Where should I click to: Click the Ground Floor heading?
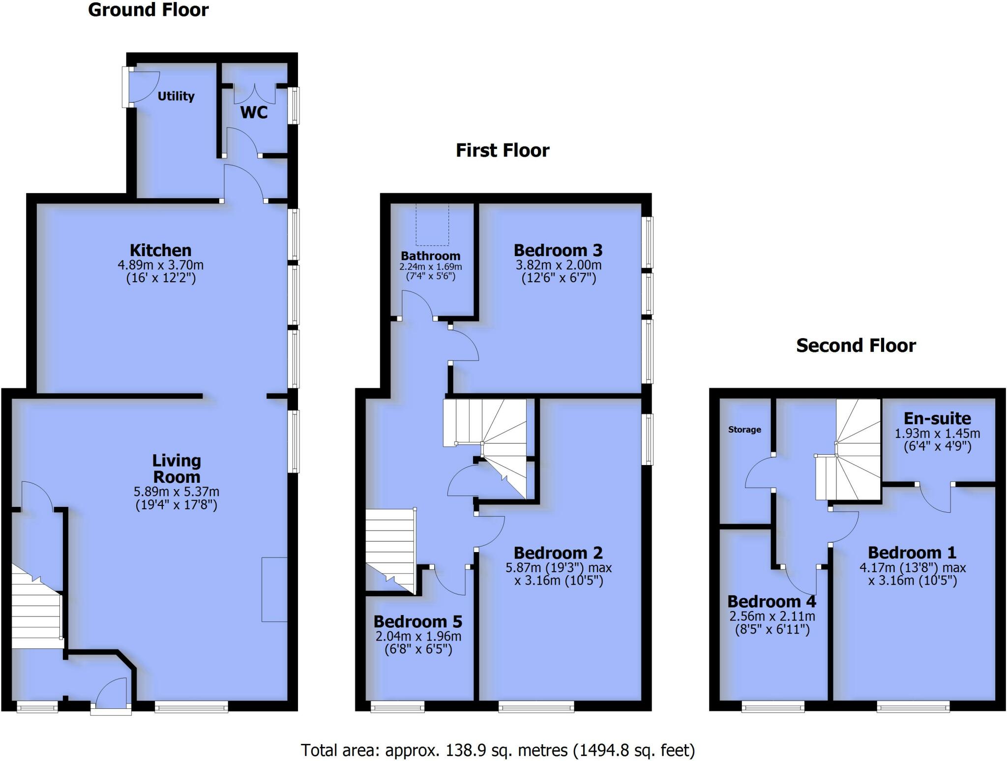[148, 10]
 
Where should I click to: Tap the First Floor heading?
[502, 150]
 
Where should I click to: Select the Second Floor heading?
[856, 346]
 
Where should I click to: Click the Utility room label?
[176, 96]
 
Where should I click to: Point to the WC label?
[254, 113]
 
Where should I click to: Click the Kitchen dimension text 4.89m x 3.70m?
[160, 265]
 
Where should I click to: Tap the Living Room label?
[176, 468]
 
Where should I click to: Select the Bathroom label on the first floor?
[430, 256]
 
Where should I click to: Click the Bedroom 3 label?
[558, 250]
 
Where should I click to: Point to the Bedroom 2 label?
[558, 553]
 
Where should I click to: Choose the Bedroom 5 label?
[417, 621]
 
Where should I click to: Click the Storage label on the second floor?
[744, 430]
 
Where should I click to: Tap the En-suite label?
[937, 418]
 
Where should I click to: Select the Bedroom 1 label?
[912, 553]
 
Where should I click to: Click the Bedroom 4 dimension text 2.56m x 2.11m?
[771, 616]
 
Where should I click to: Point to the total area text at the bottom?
[498, 750]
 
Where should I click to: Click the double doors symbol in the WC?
[255, 92]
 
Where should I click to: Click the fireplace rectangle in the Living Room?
[274, 589]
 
